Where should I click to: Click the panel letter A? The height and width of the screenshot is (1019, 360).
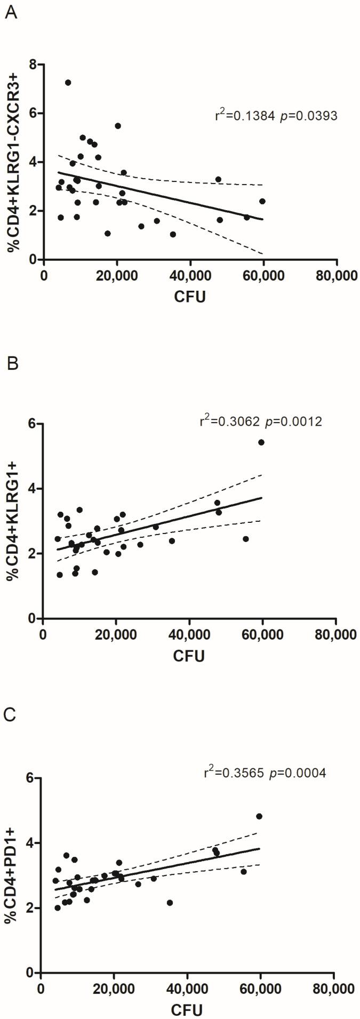(x=11, y=12)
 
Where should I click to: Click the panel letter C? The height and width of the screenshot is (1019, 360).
(x=11, y=715)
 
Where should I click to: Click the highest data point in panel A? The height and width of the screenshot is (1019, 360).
(x=68, y=83)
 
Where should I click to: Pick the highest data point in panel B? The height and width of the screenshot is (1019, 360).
(x=261, y=442)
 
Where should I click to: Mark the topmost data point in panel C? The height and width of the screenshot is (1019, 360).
(x=259, y=816)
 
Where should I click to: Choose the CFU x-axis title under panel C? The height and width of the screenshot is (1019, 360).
(x=187, y=1010)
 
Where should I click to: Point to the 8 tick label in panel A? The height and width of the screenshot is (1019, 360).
(x=33, y=64)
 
